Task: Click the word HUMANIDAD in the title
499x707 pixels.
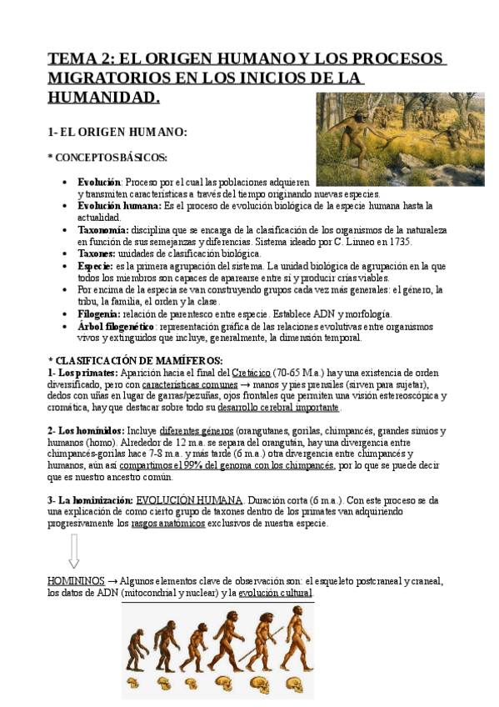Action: [x=102, y=98]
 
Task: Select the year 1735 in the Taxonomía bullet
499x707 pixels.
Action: [x=398, y=242]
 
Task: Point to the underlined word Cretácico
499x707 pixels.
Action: [x=252, y=373]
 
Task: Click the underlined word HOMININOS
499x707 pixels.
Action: [x=76, y=580]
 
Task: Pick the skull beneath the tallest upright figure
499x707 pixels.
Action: [x=293, y=684]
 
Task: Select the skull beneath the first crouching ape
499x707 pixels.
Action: [x=133, y=684]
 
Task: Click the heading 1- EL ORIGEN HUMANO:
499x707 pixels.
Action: [x=117, y=132]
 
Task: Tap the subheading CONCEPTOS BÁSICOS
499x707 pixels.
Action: [x=110, y=157]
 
